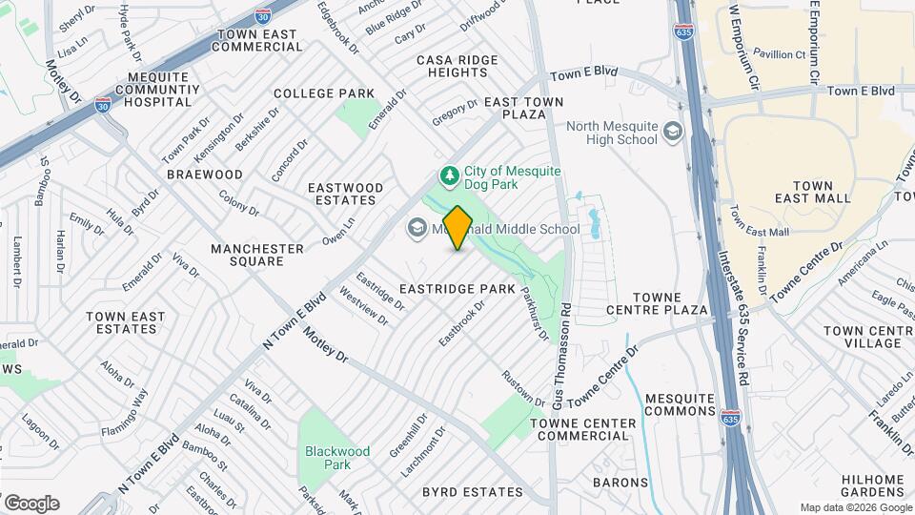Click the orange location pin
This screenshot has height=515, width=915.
(x=457, y=228)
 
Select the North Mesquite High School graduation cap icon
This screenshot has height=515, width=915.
(x=674, y=132)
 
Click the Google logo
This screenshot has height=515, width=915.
(x=31, y=504)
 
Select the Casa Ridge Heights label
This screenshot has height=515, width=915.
(x=457, y=66)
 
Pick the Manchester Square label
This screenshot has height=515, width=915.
(x=257, y=255)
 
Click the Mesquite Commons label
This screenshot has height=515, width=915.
(x=680, y=404)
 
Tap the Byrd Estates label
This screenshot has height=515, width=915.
(x=473, y=492)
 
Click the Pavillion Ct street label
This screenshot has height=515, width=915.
(x=780, y=54)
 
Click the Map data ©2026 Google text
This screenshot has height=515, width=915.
(x=854, y=507)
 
